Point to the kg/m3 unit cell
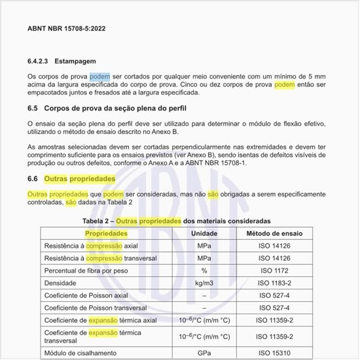pos(204,283)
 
